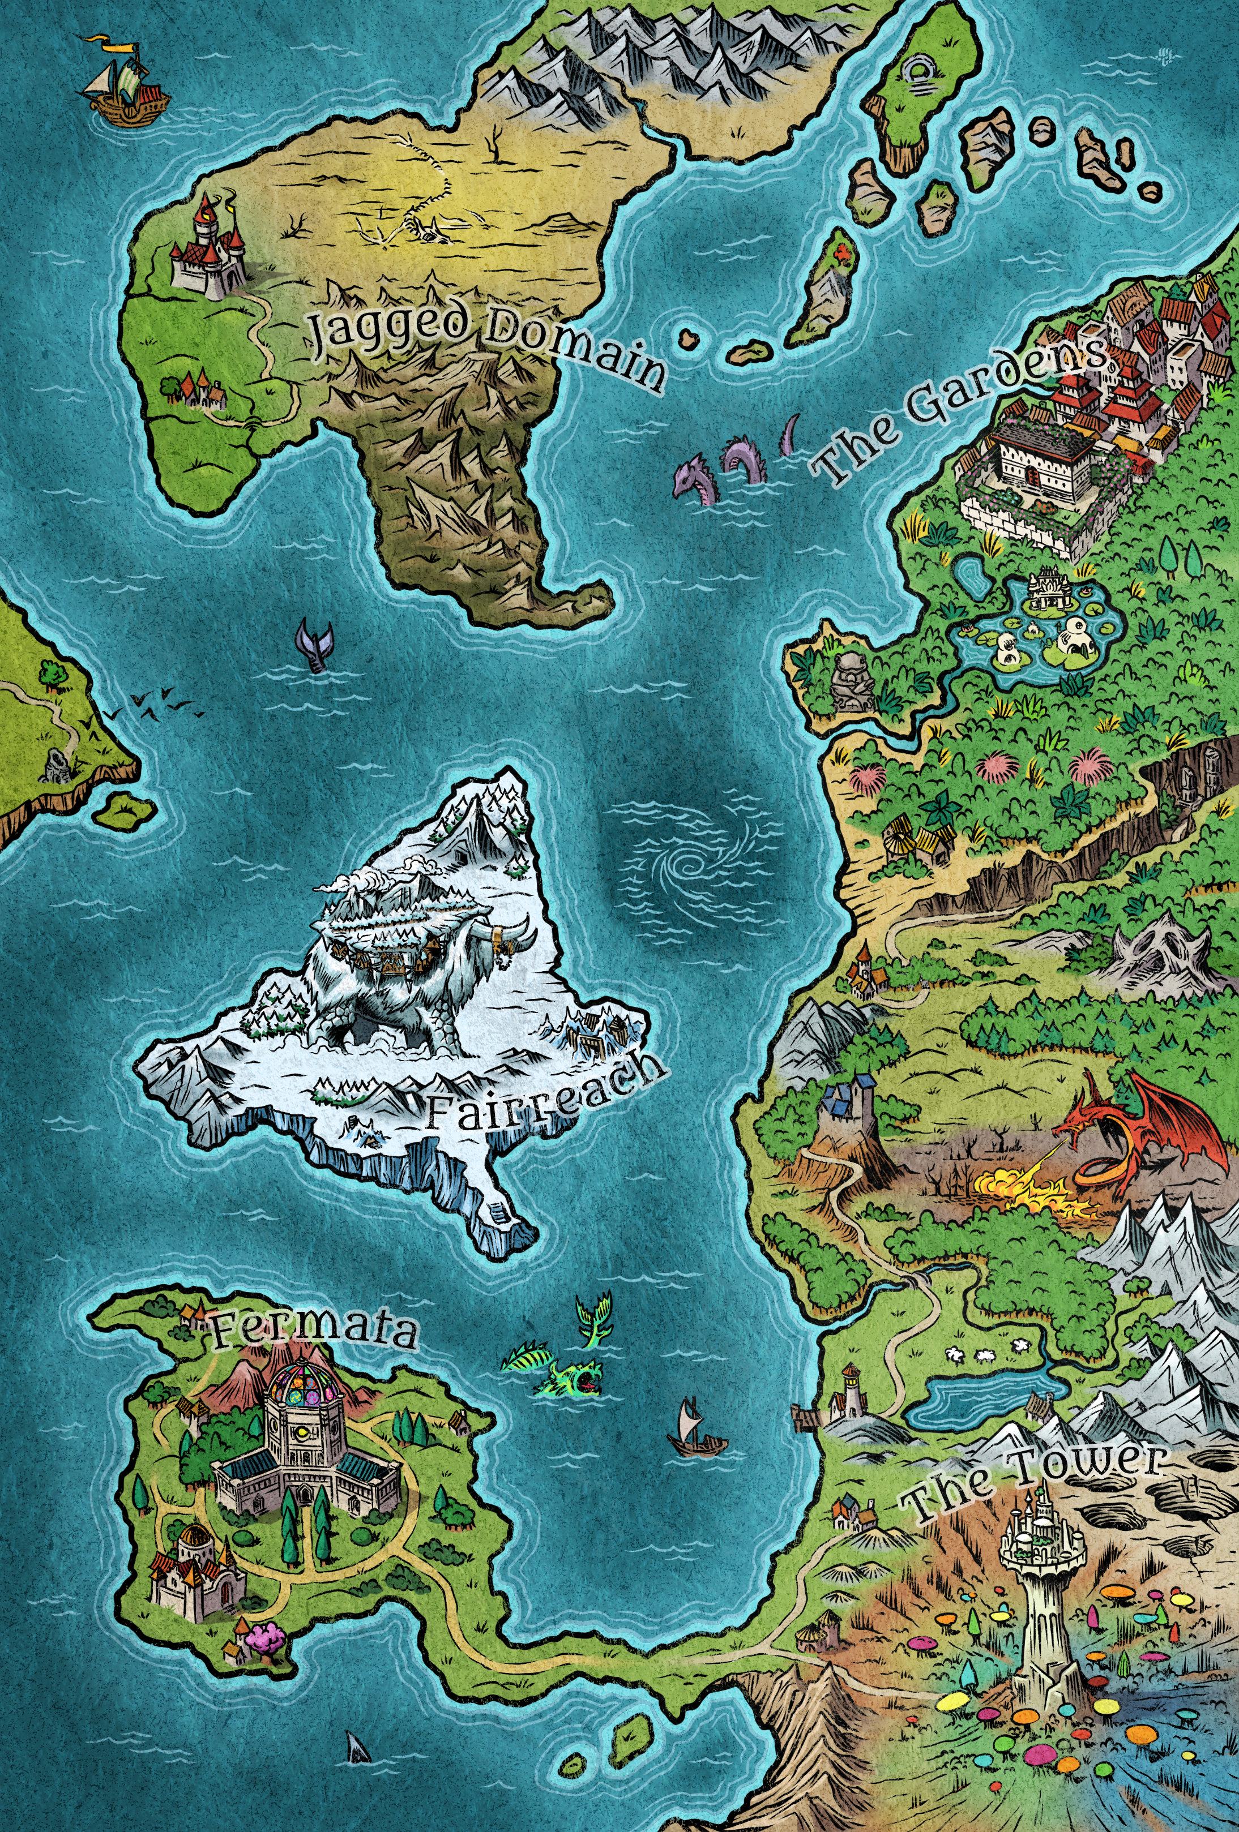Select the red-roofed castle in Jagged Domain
click(208, 248)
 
